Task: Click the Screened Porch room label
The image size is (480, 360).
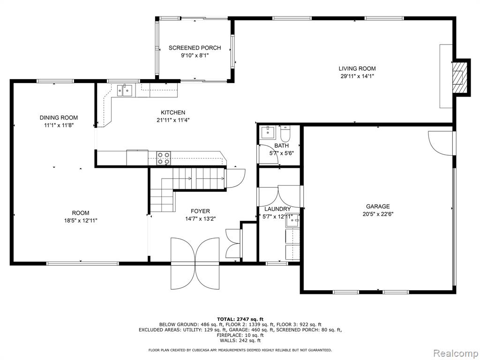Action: [x=195, y=48]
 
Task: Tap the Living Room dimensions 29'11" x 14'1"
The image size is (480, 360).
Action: [x=357, y=76]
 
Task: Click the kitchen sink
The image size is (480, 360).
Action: [x=125, y=90]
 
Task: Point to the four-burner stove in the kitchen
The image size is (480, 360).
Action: [x=164, y=158]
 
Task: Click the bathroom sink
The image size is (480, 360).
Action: [x=268, y=132]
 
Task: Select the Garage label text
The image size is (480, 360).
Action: [x=378, y=206]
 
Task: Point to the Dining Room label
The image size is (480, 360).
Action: [x=59, y=118]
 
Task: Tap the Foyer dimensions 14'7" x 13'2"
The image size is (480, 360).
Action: [x=201, y=219]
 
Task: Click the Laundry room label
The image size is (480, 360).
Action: [x=277, y=209]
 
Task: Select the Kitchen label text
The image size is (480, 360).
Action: [x=173, y=112]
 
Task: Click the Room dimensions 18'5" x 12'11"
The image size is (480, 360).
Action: [x=81, y=220]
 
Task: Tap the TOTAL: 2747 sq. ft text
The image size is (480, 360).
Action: [x=240, y=319]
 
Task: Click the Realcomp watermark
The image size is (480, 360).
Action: [x=455, y=353]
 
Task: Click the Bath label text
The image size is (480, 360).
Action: [x=281, y=146]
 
